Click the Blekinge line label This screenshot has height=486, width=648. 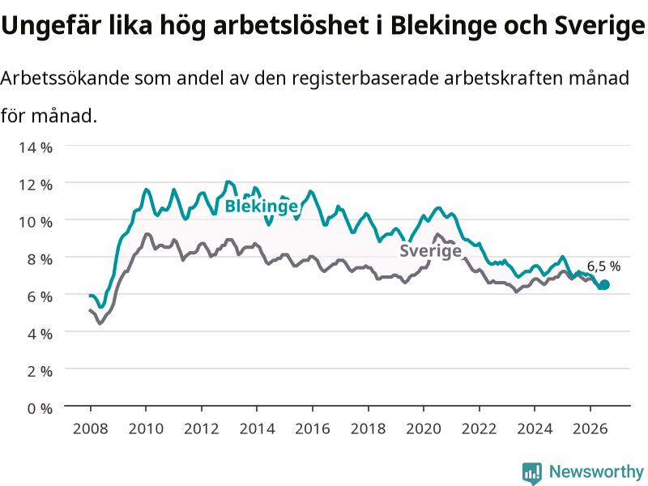click(261, 207)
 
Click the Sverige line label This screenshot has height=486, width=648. click(430, 251)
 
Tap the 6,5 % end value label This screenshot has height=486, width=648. click(603, 266)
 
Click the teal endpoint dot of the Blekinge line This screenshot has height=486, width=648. click(604, 285)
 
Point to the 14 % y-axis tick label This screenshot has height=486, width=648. click(36, 147)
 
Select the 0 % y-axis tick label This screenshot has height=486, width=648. click(40, 408)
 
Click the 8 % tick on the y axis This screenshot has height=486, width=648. click(40, 259)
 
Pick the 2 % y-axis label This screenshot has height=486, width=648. click(40, 371)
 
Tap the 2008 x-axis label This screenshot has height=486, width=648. click(91, 428)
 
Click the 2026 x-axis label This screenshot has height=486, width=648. click(590, 428)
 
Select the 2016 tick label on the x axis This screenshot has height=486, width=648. click(313, 428)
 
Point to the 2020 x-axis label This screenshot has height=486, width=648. click(424, 428)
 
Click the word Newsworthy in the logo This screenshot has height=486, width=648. click(596, 471)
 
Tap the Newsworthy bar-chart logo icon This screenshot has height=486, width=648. click(532, 472)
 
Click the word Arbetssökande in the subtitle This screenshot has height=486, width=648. click(65, 78)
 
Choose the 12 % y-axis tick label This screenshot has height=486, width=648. click(36, 185)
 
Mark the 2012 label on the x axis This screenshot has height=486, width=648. click(201, 428)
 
